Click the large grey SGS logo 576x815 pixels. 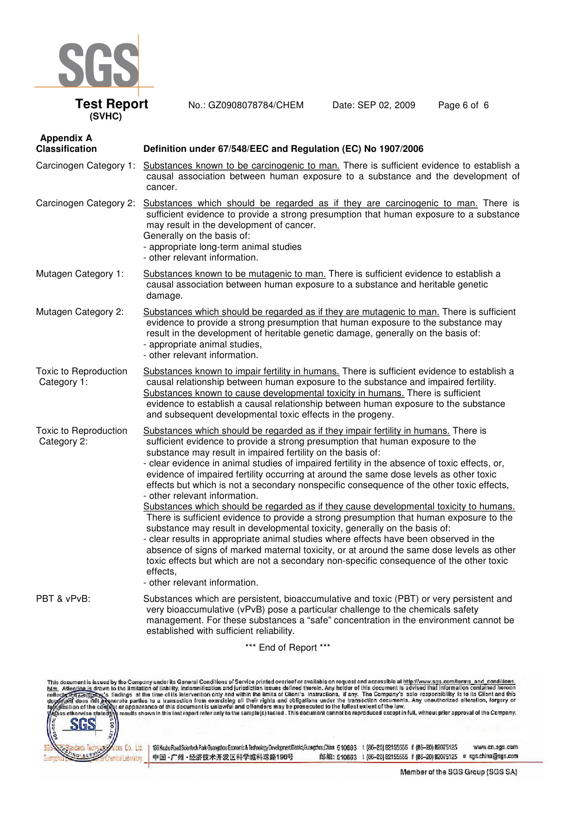98,65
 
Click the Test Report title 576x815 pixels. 111,104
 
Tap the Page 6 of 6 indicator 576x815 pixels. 463,105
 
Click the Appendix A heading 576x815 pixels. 66,138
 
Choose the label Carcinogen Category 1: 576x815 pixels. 86,166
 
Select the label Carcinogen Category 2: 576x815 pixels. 86,203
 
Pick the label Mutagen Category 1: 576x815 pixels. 80,274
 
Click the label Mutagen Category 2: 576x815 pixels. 80,312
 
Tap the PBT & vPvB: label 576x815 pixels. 63,599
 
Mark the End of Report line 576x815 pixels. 288,648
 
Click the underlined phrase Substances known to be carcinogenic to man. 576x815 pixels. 241,166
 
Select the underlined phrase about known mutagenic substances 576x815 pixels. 234,274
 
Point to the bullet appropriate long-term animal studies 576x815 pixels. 225,247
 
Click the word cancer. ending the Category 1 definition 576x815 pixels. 162,187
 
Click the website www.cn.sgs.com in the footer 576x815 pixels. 495,747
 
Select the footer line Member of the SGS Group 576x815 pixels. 459,772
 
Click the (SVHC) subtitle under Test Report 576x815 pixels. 105,117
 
